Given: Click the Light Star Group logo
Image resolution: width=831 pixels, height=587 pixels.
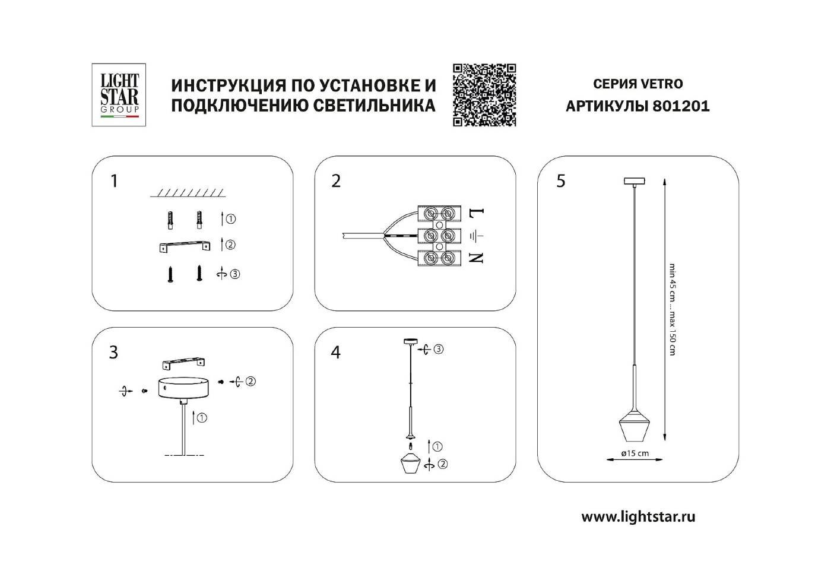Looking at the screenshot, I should (x=119, y=95).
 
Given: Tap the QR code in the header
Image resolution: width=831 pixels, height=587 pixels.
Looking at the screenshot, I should (x=484, y=95).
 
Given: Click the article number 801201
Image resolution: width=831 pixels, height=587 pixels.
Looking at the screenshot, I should (x=681, y=106).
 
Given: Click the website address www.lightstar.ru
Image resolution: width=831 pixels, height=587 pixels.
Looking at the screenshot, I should (x=638, y=516).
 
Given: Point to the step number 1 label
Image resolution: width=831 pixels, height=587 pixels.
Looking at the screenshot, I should (x=115, y=180).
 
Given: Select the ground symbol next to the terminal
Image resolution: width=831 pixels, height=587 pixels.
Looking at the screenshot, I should (x=477, y=236).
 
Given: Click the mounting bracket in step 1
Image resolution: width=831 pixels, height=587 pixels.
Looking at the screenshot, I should (x=185, y=246).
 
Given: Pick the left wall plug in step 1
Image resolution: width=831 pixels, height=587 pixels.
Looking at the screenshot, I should (x=171, y=220).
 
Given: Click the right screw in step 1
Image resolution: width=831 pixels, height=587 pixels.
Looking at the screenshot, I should (x=199, y=274).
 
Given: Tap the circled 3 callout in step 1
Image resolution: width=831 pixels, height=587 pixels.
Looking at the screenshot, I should (x=235, y=274).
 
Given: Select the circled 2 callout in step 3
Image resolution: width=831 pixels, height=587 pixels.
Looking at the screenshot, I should (x=250, y=382).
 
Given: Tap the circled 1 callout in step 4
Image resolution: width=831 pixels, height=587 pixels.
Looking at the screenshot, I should (x=438, y=446).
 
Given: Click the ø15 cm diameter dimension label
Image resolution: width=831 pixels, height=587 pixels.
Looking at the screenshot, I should (x=635, y=453).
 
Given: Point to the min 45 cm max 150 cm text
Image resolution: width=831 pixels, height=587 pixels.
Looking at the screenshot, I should (x=672, y=309).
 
